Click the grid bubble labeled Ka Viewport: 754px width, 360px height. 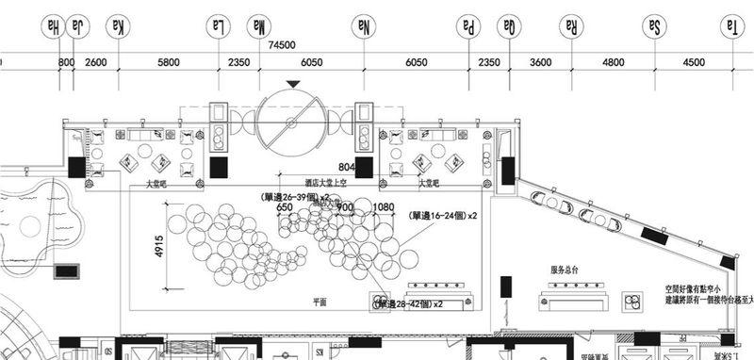click(x=118, y=26)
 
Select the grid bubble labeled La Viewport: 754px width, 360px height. click(x=218, y=26)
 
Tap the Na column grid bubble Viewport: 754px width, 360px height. click(x=363, y=26)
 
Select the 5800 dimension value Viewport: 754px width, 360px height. click(x=168, y=62)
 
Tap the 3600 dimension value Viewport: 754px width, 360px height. click(x=540, y=62)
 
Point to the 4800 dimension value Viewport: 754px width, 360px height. click(x=613, y=62)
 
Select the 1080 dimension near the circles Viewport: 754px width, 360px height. click(x=384, y=206)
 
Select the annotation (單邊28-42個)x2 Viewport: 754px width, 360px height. click(x=409, y=305)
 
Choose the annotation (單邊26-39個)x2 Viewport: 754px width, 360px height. click(x=294, y=197)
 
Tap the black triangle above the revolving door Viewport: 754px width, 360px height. click(x=296, y=86)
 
